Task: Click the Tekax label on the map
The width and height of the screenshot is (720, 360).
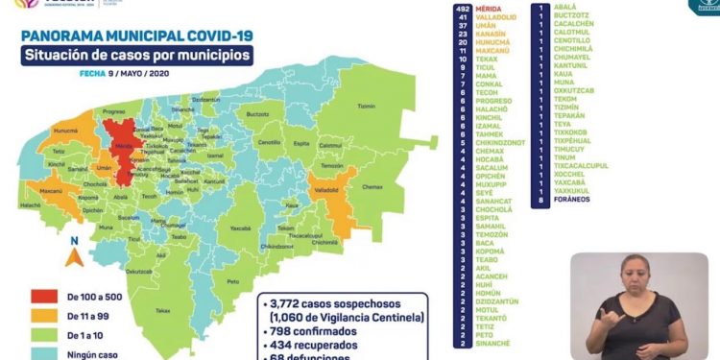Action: click(163, 310)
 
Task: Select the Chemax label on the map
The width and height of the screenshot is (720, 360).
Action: click(371, 187)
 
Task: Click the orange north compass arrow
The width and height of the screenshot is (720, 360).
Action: click(72, 256)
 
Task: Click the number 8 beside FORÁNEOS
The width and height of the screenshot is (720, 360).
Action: click(543, 201)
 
